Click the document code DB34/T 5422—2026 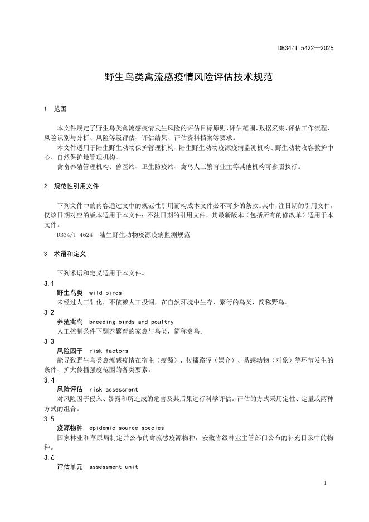305,49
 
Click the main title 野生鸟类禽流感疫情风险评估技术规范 188,77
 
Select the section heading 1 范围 56,109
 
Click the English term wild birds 105,293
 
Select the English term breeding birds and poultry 131,322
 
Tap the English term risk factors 108,351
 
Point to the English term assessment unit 113,466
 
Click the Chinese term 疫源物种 70,427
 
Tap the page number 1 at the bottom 325,481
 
